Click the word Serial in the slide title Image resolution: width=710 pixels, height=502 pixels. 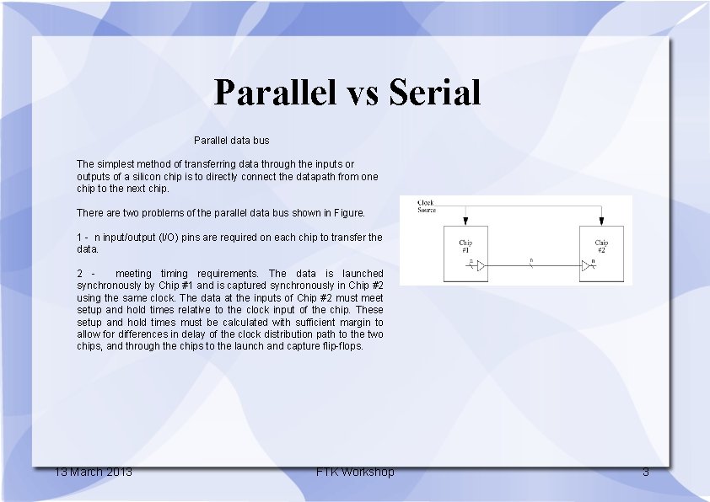click(435, 93)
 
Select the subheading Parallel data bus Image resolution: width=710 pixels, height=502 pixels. click(231, 140)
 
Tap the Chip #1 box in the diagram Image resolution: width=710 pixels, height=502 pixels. click(466, 253)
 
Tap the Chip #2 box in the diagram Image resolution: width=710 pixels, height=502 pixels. click(601, 253)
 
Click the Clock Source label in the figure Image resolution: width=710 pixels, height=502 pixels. click(428, 206)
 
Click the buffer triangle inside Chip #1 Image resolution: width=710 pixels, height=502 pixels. click(479, 266)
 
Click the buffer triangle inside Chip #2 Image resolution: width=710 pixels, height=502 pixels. click(586, 266)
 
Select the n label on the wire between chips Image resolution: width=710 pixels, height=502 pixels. click(531, 260)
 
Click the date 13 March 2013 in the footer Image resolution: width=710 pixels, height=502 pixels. click(93, 472)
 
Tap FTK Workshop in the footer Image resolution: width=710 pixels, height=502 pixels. click(355, 472)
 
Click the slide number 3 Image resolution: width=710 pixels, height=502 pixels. click(646, 472)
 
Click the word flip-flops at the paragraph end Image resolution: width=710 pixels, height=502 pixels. click(341, 346)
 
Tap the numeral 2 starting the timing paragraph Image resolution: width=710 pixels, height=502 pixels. click(79, 274)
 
